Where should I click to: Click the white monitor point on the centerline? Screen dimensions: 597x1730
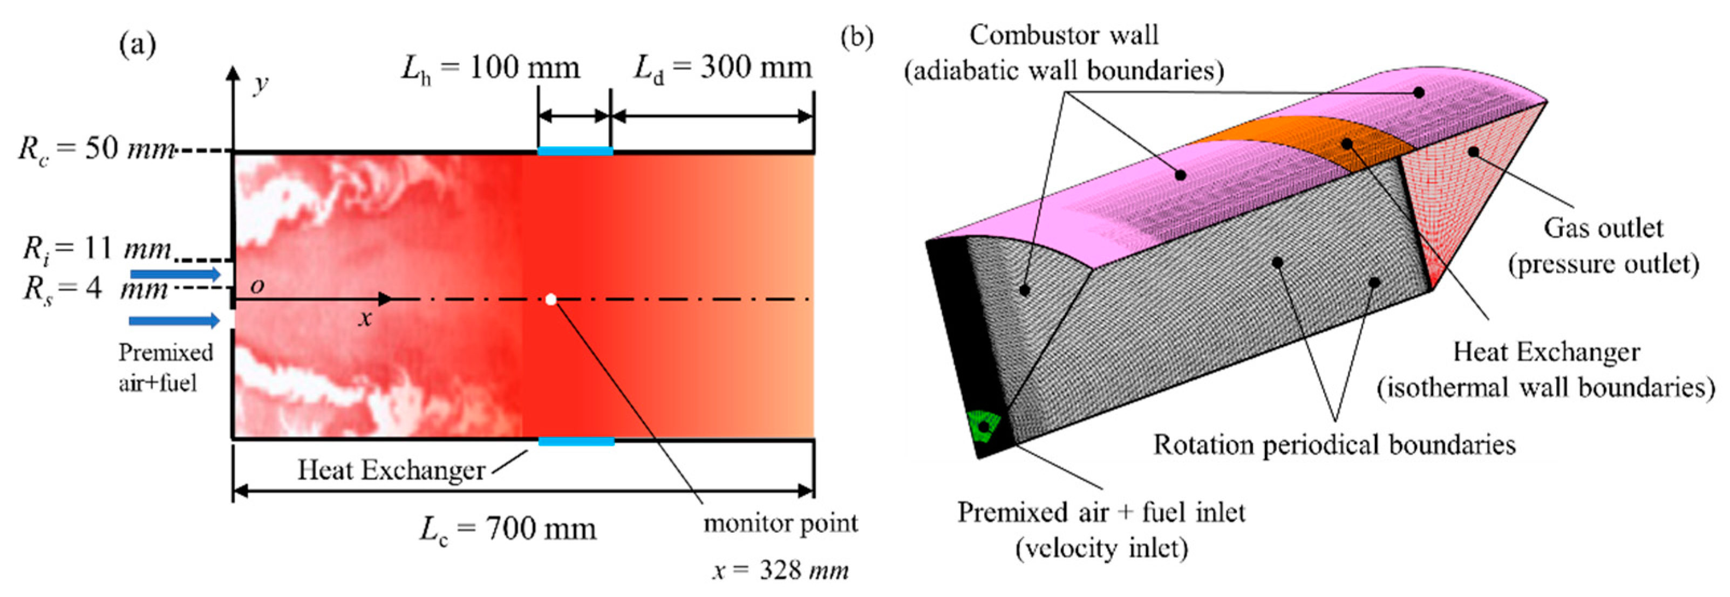(x=551, y=299)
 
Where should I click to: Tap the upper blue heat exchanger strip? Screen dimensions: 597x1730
(x=575, y=151)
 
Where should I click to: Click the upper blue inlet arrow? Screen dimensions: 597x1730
(x=175, y=274)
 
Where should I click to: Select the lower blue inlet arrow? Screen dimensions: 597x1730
(x=174, y=320)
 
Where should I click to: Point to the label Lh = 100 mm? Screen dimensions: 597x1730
(x=491, y=68)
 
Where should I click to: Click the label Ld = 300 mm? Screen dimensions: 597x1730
(x=723, y=68)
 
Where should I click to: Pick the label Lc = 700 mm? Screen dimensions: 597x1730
(x=508, y=529)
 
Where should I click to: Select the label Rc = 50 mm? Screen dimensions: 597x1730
(x=97, y=149)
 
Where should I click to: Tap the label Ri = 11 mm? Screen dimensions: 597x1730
(x=97, y=249)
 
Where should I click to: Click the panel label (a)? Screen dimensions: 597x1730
(x=138, y=46)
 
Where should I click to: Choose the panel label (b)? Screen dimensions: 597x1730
(x=857, y=38)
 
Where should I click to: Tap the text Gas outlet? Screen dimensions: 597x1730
(x=1603, y=228)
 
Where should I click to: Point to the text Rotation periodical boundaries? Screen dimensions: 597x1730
(x=1334, y=444)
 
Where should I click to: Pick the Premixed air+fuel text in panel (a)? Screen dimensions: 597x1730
(x=165, y=367)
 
